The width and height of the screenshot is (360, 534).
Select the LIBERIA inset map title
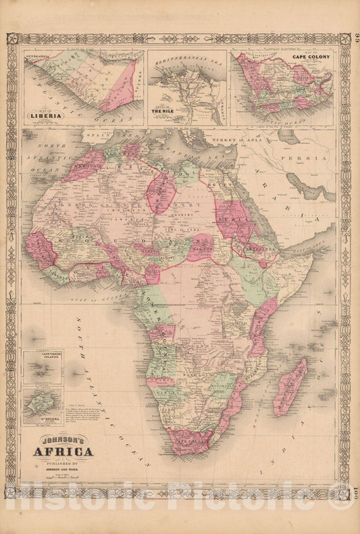coord(46,116)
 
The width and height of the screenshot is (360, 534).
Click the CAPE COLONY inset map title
coord(311,57)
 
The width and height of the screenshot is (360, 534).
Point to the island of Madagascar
coord(290,387)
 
